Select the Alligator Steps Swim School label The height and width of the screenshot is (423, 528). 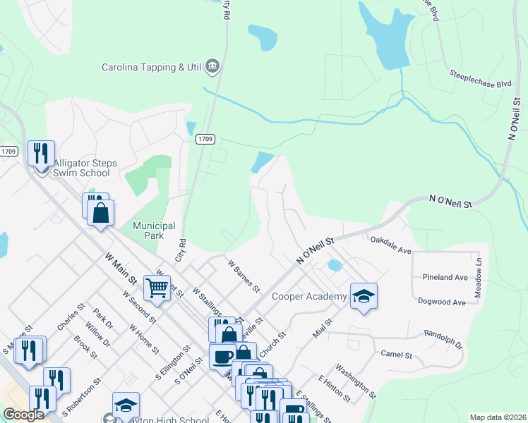pyautogui.click(x=85, y=168)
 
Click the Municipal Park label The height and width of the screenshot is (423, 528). pyautogui.click(x=154, y=231)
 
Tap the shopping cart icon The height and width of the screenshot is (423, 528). pyautogui.click(x=157, y=286)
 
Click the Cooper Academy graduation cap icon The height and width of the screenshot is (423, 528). pyautogui.click(x=364, y=295)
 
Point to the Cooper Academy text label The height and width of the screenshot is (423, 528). pyautogui.click(x=309, y=297)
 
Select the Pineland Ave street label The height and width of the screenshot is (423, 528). pyautogui.click(x=446, y=278)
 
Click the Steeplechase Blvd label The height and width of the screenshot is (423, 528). pyautogui.click(x=480, y=78)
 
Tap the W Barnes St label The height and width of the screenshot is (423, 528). pyautogui.click(x=244, y=275)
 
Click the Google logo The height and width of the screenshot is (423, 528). pyautogui.click(x=24, y=415)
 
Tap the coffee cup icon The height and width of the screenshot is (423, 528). pyautogui.click(x=223, y=355)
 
